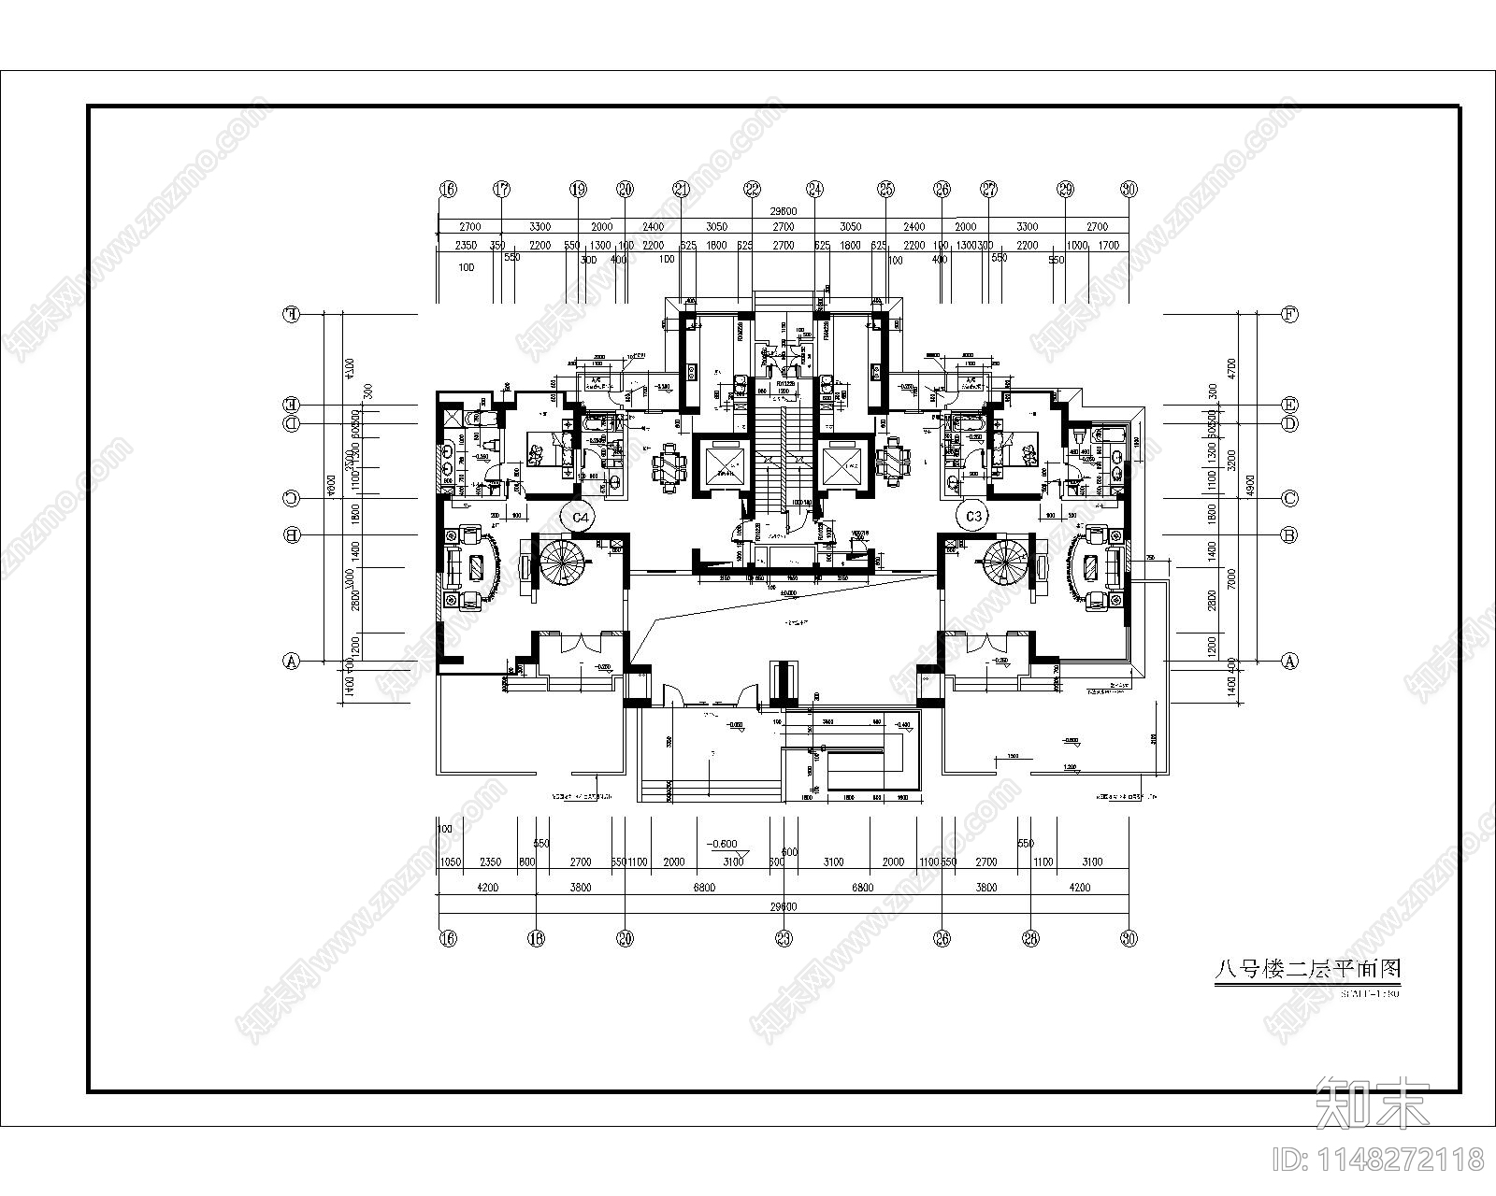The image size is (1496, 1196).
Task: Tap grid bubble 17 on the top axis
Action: (502, 189)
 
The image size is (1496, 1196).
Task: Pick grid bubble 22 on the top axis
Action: (753, 189)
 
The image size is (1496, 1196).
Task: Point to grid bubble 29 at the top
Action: (1065, 189)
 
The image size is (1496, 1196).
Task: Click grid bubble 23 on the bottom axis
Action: (784, 938)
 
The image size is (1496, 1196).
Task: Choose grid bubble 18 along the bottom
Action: (536, 938)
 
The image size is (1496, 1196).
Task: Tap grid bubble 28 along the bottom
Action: (1031, 938)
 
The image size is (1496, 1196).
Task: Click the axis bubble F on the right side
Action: (1289, 315)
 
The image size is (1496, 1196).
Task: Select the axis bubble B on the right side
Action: (1289, 535)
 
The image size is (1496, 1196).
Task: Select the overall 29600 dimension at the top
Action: (783, 212)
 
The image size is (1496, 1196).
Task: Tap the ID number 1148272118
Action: (1379, 1160)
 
